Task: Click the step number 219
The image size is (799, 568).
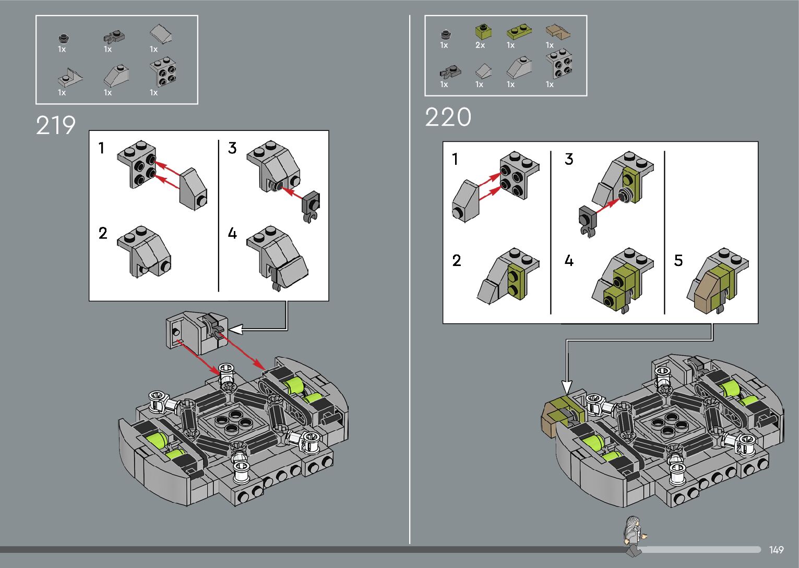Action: coord(56,125)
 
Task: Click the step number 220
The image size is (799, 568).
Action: coord(448,117)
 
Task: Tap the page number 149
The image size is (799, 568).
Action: coord(776,549)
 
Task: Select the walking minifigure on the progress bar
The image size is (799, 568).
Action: coord(635,535)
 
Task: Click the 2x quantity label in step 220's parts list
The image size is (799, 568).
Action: coord(480,45)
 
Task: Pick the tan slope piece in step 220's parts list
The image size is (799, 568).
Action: coord(558,32)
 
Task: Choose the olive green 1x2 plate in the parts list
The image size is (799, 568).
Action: coord(519,31)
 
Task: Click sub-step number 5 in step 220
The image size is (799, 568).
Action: coord(678,260)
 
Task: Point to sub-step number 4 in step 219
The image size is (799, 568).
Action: coord(232,233)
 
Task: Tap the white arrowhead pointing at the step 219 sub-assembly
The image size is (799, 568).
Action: coord(236,329)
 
